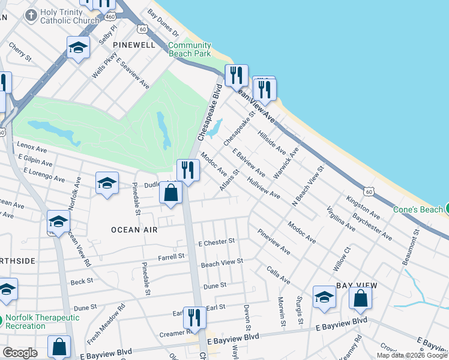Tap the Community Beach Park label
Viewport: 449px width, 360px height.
pyautogui.click(x=189, y=49)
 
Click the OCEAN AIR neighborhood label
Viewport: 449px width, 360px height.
pyautogui.click(x=134, y=229)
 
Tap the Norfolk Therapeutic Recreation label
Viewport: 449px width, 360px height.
pyautogui.click(x=42, y=322)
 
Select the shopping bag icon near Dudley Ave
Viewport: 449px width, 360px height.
pyautogui.click(x=171, y=194)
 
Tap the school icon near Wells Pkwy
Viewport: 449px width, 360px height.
pyautogui.click(x=78, y=47)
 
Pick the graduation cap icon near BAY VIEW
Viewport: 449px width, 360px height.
pyautogui.click(x=324, y=297)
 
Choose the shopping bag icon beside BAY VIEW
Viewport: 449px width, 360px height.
pyautogui.click(x=360, y=299)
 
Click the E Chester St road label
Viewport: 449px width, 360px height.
pyautogui.click(x=216, y=242)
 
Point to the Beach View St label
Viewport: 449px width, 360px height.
pyautogui.click(x=222, y=262)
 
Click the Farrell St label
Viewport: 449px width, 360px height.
pyautogui.click(x=171, y=257)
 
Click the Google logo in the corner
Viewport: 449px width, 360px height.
pyautogui.click(x=20, y=353)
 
